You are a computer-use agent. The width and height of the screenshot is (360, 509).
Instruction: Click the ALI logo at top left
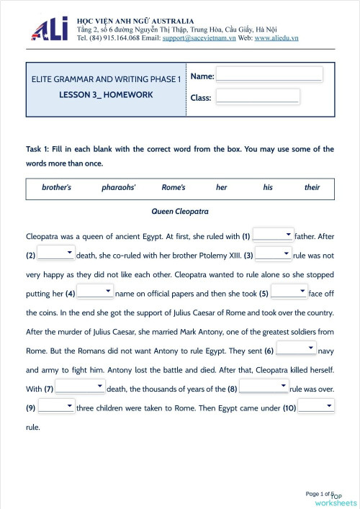click(x=50, y=29)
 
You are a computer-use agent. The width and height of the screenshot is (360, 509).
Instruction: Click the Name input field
click(x=269, y=74)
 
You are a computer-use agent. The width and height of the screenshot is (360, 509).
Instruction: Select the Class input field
click(x=257, y=96)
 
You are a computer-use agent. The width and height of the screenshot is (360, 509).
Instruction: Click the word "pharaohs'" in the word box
click(x=119, y=187)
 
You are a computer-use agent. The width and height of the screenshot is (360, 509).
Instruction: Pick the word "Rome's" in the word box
click(x=174, y=187)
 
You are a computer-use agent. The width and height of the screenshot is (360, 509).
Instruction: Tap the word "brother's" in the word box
click(x=56, y=187)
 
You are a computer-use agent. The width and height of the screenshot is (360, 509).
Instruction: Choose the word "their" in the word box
click(x=312, y=187)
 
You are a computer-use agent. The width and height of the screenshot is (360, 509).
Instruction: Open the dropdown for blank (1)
click(x=273, y=235)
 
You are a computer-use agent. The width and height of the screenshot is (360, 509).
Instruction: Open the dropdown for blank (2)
click(x=56, y=253)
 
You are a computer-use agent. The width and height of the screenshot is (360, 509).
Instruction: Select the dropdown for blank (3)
click(x=273, y=253)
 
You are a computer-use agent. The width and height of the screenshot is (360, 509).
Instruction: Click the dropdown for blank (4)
click(x=95, y=292)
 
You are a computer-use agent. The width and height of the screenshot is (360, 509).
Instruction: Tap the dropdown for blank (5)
click(x=289, y=292)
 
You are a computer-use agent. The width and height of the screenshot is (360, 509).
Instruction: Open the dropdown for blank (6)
click(x=296, y=349)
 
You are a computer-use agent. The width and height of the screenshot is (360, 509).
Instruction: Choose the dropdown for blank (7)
click(x=80, y=388)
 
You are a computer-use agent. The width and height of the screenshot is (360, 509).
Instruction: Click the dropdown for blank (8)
click(x=264, y=387)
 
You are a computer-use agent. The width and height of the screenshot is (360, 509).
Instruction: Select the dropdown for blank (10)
click(x=316, y=406)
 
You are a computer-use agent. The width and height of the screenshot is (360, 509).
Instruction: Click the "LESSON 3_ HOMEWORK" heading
click(x=106, y=94)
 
